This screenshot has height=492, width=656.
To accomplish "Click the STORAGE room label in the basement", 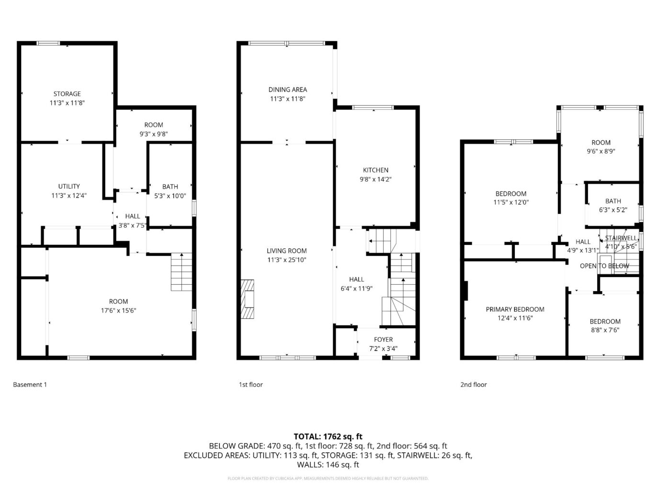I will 67,94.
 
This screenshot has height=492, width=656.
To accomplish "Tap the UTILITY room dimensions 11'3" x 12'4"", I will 69,195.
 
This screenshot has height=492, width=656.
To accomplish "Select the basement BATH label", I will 170,187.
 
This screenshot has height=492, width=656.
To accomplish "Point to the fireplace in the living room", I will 249,299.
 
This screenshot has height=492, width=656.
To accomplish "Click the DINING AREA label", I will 287,89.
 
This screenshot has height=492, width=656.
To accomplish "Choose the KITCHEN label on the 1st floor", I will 375,170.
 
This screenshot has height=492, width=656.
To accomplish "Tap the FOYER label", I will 383,340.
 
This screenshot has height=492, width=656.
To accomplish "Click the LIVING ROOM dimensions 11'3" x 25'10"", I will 286,260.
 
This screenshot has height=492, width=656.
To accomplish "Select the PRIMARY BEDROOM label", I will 515,309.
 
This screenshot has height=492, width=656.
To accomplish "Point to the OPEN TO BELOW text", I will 604,266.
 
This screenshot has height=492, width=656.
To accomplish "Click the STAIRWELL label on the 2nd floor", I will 621,238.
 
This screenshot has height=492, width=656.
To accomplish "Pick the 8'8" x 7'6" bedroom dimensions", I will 605,330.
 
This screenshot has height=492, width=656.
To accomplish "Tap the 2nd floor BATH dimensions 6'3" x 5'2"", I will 613,210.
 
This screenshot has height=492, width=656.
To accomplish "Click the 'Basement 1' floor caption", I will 30,384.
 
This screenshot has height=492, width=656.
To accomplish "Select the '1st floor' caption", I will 251,384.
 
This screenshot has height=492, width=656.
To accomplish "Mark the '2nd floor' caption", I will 473,384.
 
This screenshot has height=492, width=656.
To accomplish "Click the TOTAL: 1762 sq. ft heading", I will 328,436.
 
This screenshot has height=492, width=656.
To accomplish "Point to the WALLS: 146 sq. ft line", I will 328,464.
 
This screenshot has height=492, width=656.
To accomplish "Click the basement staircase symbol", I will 181,272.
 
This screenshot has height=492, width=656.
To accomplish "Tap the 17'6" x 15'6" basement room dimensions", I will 118,310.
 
